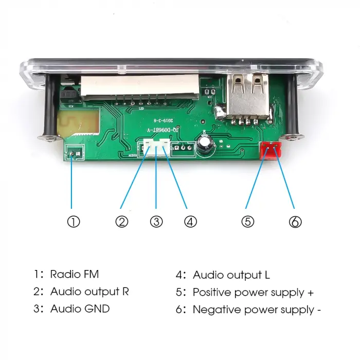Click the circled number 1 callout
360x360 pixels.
click(x=74, y=222)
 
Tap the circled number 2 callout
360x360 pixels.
click(x=121, y=222)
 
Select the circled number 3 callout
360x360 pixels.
click(x=156, y=222)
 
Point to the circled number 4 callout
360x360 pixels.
click(x=190, y=222)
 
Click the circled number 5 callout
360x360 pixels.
click(x=248, y=222)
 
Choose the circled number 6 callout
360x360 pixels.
click(x=295, y=222)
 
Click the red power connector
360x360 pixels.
click(x=271, y=150)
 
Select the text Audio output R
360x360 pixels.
click(x=89, y=292)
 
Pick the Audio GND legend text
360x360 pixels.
click(x=80, y=309)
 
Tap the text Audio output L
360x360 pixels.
click(x=231, y=275)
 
